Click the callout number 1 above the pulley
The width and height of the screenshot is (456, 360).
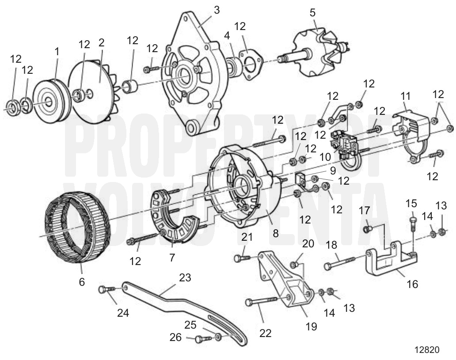pyautogui.click(x=57, y=52)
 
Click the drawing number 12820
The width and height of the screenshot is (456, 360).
pyautogui.click(x=427, y=349)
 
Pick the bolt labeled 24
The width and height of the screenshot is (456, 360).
pyautogui.click(x=105, y=289)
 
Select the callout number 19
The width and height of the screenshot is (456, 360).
pyautogui.click(x=311, y=326)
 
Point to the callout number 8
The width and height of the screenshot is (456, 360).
pyautogui.click(x=276, y=233)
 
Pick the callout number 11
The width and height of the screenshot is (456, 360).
pyautogui.click(x=406, y=95)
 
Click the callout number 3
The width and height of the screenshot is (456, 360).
pyautogui.click(x=217, y=10)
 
